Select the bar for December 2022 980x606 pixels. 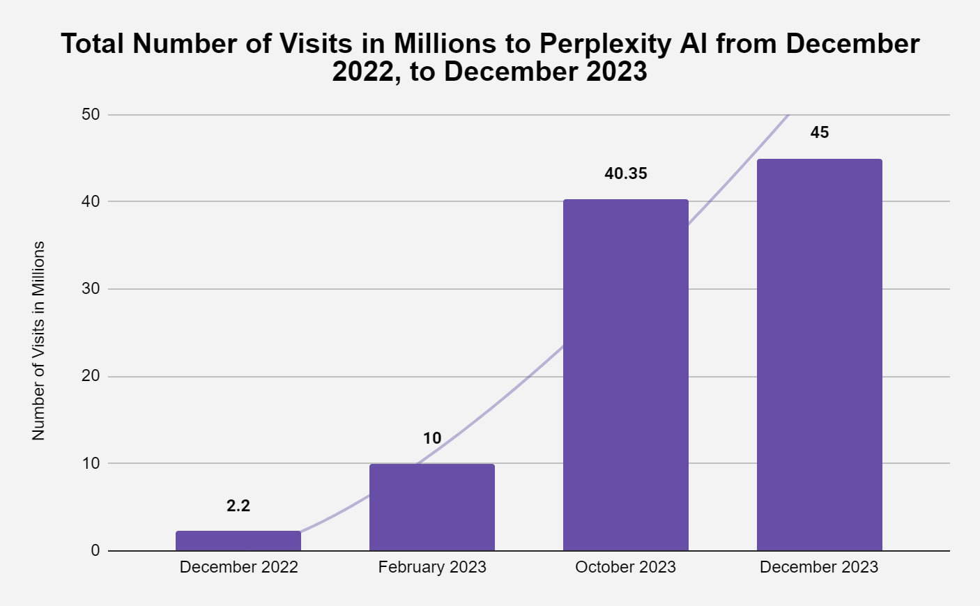[x=238, y=541]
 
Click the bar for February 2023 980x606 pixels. [x=432, y=507]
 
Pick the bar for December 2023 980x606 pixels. [x=820, y=355]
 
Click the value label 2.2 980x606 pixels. [x=238, y=506]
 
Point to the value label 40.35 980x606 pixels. [x=626, y=173]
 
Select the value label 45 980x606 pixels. [x=820, y=132]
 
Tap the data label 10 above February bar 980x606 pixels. [x=432, y=438]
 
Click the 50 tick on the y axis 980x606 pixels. [x=91, y=114]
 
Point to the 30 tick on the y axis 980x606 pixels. [x=91, y=288]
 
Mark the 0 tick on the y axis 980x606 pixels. [x=95, y=550]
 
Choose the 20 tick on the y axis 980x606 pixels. [x=91, y=376]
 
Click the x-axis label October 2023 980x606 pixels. [x=626, y=567]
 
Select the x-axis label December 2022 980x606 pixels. [x=238, y=567]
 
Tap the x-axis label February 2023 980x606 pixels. [x=432, y=567]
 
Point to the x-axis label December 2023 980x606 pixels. [x=819, y=567]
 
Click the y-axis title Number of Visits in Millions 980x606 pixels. [x=38, y=341]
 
